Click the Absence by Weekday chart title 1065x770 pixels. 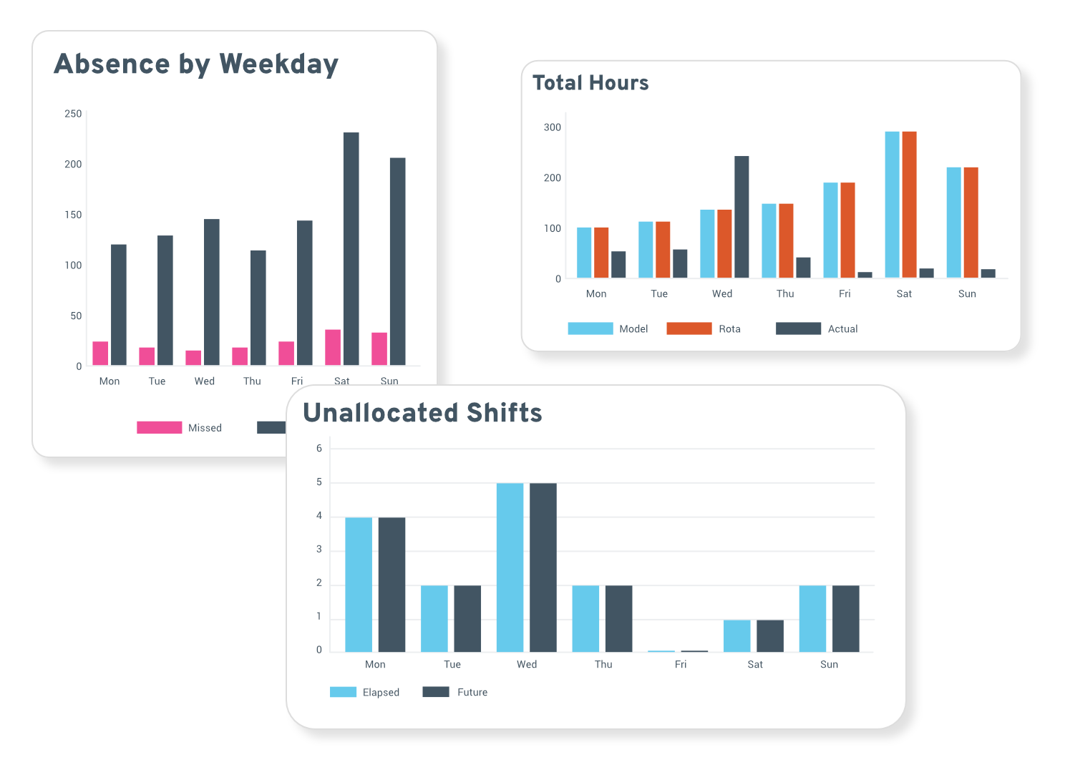click(196, 64)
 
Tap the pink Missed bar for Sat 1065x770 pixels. click(333, 347)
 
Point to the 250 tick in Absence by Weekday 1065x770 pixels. click(73, 114)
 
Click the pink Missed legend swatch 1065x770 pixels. click(159, 427)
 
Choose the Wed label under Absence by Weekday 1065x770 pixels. click(205, 381)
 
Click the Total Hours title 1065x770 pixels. click(590, 83)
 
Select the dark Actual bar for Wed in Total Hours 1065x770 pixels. click(741, 217)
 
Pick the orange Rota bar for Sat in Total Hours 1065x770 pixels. click(909, 205)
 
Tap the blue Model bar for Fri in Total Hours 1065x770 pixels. click(830, 230)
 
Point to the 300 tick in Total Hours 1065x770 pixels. click(553, 127)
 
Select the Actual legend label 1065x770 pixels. click(842, 328)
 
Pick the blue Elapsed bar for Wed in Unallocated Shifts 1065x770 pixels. click(510, 567)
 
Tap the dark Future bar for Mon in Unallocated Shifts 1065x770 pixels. click(392, 585)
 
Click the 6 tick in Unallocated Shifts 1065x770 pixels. click(319, 449)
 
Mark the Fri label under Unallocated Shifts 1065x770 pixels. click(680, 664)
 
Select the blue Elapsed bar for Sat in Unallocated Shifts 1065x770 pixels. click(736, 635)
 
